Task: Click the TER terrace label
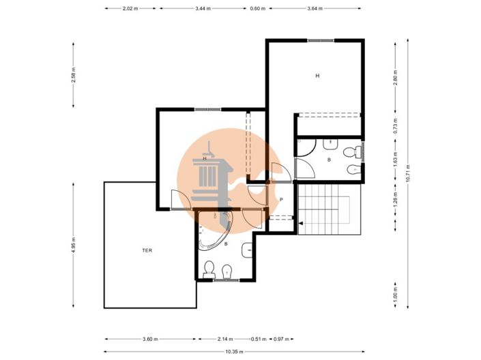tap(147, 250)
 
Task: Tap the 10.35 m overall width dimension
tap(235, 352)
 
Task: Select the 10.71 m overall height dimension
tap(408, 173)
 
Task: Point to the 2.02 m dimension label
tap(130, 9)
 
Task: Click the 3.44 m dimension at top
tap(203, 9)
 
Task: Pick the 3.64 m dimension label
tap(315, 9)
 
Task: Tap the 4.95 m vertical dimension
tap(73, 245)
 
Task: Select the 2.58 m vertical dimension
tap(73, 75)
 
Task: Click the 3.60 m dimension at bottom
tap(150, 339)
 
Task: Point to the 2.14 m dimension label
tap(225, 339)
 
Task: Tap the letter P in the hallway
tap(281, 200)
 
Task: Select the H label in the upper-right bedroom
tap(317, 76)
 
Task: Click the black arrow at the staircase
tap(301, 223)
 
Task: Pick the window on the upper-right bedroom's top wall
tap(321, 40)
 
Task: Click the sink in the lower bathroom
tap(247, 250)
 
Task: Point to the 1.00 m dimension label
tap(396, 293)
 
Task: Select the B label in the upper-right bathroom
tap(329, 160)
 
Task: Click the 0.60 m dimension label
tap(258, 9)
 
